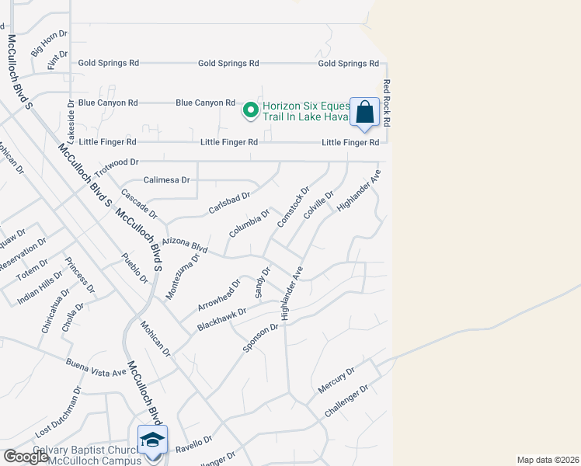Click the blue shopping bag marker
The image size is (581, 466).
pyautogui.click(x=364, y=113)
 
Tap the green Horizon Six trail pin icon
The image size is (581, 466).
pyautogui.click(x=251, y=111)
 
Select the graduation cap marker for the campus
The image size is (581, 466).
pyautogui.click(x=152, y=440)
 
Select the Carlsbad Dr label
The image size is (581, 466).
pyautogui.click(x=230, y=203)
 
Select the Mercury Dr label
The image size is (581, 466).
pyautogui.click(x=336, y=380)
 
